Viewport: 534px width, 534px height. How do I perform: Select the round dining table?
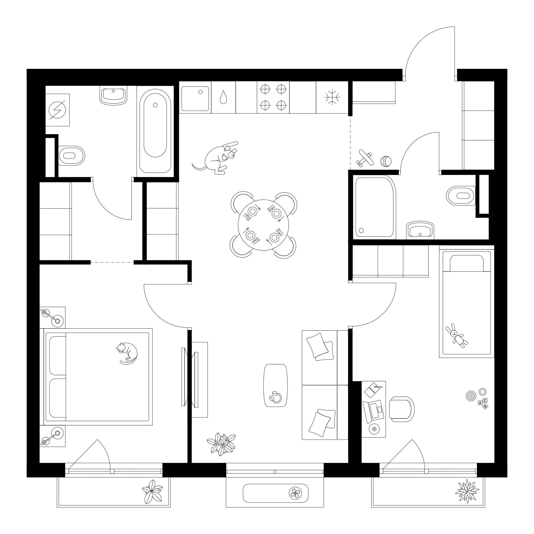click(x=263, y=225)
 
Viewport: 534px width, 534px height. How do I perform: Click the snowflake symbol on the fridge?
click(x=332, y=97)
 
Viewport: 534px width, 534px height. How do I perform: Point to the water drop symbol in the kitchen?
click(x=223, y=97)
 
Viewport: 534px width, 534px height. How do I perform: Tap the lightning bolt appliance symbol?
click(x=57, y=110)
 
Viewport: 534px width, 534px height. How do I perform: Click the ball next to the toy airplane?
click(x=386, y=161)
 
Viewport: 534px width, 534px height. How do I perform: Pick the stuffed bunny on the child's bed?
click(x=456, y=336)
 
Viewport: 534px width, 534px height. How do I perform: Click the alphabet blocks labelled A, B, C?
click(x=483, y=403)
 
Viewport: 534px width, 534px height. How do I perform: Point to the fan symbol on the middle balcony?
click(x=295, y=493)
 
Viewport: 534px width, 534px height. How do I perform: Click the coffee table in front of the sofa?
click(x=275, y=385)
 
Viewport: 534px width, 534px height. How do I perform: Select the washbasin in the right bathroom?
click(x=420, y=230)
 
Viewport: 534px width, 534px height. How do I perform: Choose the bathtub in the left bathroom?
click(x=155, y=131)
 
